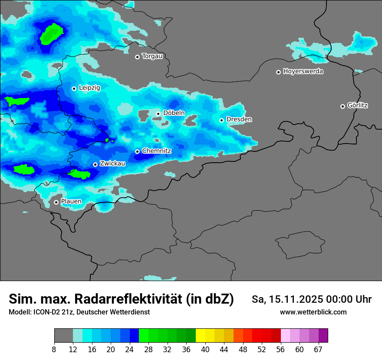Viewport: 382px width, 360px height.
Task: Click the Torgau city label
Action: [x=152, y=56]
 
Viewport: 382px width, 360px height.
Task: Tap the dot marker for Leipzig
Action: [x=74, y=88]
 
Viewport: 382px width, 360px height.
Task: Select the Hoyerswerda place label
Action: [x=303, y=72]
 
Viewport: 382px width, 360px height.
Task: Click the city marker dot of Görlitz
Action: [x=342, y=106]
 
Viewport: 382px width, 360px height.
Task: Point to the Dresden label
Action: [x=239, y=119]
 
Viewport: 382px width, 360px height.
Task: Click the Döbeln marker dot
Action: [x=158, y=114]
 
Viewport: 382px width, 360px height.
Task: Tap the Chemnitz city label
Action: [x=157, y=151]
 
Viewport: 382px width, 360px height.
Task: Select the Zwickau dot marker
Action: [x=95, y=164]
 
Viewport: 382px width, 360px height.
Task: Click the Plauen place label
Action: [x=71, y=202]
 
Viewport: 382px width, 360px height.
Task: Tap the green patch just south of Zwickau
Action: [x=79, y=174]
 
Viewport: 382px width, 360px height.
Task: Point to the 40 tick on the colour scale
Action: [x=205, y=349]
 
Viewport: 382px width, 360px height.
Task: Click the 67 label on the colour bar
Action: [x=318, y=349]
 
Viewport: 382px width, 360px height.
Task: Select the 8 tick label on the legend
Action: [x=54, y=349]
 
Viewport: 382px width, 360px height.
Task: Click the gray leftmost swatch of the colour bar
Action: [x=63, y=336]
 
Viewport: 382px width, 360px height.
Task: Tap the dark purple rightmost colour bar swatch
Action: [x=323, y=336]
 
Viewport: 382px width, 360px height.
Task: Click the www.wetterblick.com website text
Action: [x=313, y=312]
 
